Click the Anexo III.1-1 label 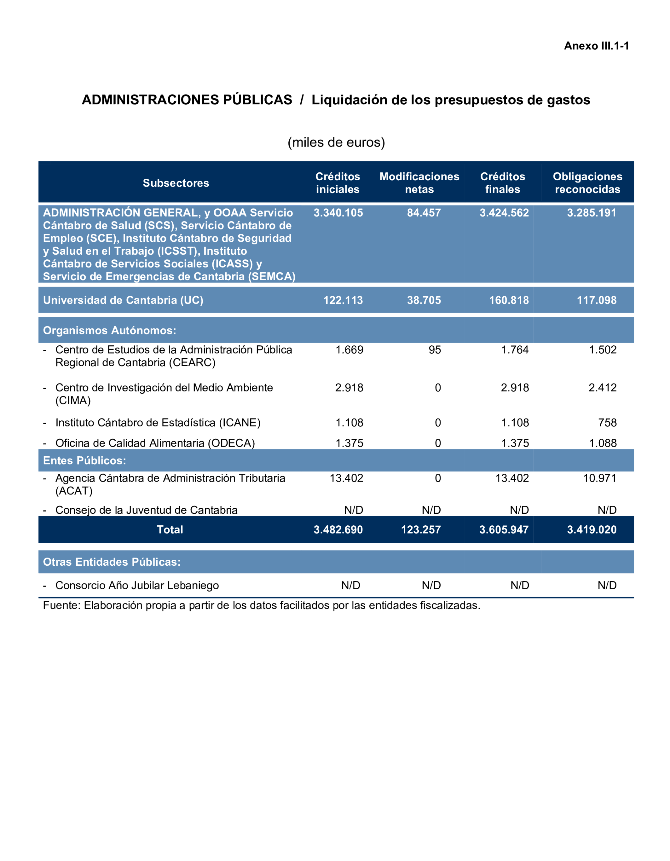[596, 46]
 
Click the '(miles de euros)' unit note [336, 142]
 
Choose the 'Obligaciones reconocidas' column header [587, 183]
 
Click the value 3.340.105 [338, 213]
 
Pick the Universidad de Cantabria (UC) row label [123, 300]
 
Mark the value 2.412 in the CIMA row [602, 388]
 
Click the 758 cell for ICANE [607, 423]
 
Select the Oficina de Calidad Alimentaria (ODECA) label [155, 443]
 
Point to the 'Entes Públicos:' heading [84, 460]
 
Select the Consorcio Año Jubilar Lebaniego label [137, 586]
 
